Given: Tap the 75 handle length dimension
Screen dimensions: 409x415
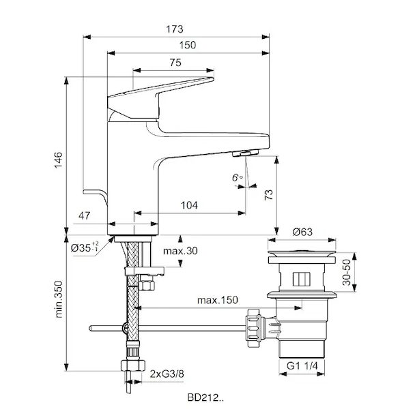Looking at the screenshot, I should [174, 62].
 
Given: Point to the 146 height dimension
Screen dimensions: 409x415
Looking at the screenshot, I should [59, 160].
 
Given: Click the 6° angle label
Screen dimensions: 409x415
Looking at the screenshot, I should [237, 177].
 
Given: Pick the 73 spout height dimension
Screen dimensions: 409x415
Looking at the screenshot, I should [268, 194].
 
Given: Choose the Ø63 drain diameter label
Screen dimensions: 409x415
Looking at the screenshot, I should [303, 232].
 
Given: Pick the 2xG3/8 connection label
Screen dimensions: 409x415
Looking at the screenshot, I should [167, 374].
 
